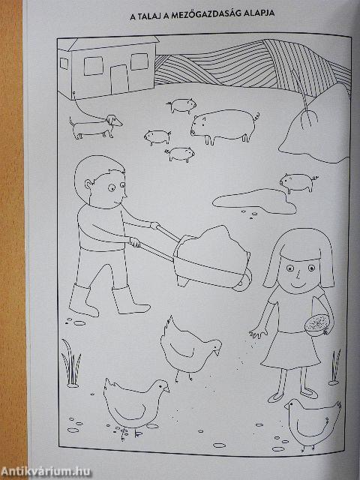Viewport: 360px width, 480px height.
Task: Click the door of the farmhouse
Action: pyautogui.click(x=119, y=80)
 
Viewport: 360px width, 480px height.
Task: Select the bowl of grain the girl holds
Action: pyautogui.click(x=319, y=325)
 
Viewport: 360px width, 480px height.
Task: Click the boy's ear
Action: pyautogui.click(x=88, y=185)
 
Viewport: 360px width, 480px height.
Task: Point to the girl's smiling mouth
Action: pyautogui.click(x=297, y=284)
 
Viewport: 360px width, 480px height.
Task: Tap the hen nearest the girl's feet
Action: pyautogui.click(x=313, y=422)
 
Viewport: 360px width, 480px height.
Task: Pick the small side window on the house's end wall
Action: pyautogui.click(x=64, y=63)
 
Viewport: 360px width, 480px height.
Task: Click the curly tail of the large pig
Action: pyautogui.click(x=256, y=117)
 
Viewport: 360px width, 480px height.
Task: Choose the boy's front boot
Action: pyautogui.click(x=129, y=301)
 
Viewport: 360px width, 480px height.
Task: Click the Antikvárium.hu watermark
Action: pyautogui.click(x=46, y=471)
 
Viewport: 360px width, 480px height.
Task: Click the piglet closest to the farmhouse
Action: pyautogui.click(x=181, y=106)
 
